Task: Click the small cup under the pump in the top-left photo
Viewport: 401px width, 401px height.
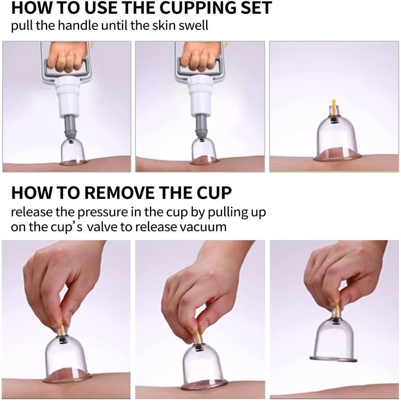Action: coord(73,152)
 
